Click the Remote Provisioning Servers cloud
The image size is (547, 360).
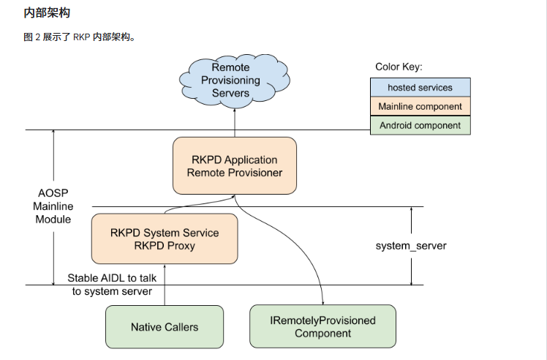tap(235, 80)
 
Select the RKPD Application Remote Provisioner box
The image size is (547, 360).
tap(235, 165)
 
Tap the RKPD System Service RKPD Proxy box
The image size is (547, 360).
tap(165, 239)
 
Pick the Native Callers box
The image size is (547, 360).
tap(165, 327)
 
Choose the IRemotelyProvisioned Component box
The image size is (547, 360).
tap(322, 326)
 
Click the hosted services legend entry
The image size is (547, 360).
tap(420, 87)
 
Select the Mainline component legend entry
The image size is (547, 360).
tap(420, 107)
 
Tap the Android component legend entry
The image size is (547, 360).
tap(420, 125)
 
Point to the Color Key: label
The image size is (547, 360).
tap(399, 67)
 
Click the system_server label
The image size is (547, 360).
tap(411, 246)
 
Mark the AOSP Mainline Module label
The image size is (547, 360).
tap(53, 206)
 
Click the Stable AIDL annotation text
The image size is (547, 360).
tap(112, 285)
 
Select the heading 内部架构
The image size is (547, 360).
tap(47, 13)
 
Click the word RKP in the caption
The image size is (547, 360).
tap(82, 37)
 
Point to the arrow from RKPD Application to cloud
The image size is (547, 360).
tap(235, 122)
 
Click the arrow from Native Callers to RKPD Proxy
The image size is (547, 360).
tap(165, 285)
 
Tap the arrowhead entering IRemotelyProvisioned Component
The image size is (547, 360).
tap(323, 303)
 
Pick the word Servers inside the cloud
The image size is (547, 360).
tap(230, 93)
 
